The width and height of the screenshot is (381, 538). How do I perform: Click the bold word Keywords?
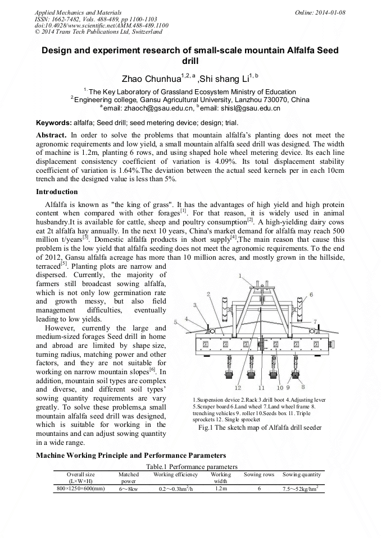click(x=53, y=123)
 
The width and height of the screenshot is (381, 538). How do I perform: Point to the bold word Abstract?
click(x=51, y=135)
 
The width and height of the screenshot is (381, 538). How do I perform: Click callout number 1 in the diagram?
click(x=240, y=275)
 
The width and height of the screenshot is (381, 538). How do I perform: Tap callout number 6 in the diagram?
click(x=311, y=294)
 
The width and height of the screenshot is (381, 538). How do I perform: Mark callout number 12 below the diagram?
click(x=238, y=388)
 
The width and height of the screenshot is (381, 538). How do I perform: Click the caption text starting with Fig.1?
click(x=260, y=427)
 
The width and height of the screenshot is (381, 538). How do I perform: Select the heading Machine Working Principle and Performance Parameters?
click(x=131, y=455)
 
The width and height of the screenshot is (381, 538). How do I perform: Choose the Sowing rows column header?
click(x=259, y=475)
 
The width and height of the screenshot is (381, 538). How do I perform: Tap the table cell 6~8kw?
click(x=129, y=489)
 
